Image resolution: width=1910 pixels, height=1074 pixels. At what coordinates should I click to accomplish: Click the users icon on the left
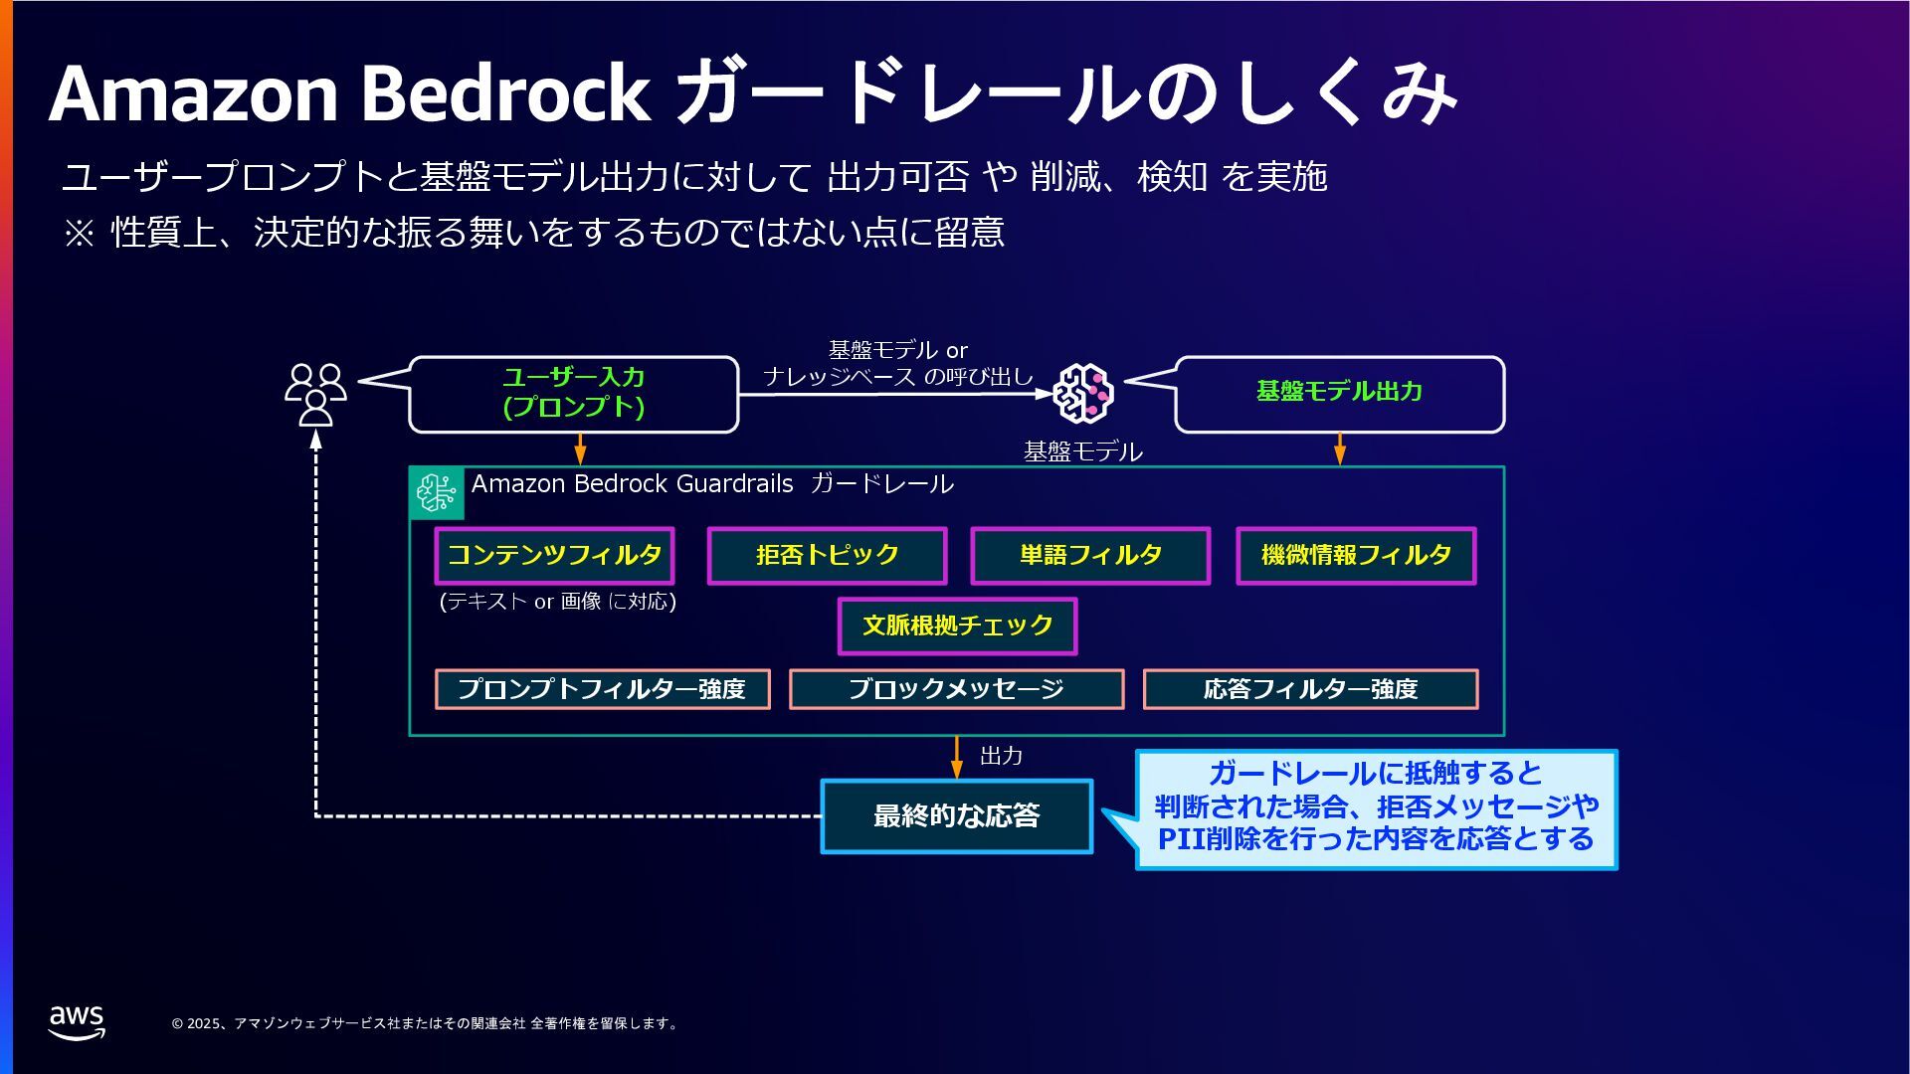tap(315, 394)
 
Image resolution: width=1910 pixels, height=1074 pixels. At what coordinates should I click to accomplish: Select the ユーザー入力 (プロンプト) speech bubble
tap(574, 394)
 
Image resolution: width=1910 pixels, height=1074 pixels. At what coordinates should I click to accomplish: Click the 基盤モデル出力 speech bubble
tap(1339, 394)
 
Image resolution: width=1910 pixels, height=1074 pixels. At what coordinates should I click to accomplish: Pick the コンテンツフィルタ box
tap(554, 555)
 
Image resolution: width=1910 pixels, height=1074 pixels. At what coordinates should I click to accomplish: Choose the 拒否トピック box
tap(827, 555)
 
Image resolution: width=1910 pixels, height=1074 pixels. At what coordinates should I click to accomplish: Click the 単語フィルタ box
tap(1090, 555)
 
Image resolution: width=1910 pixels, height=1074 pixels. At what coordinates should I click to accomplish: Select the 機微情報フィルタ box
tap(1356, 555)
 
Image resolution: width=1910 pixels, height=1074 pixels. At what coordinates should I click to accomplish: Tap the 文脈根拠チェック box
tap(957, 626)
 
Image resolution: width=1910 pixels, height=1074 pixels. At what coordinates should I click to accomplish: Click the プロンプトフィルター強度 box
tap(602, 689)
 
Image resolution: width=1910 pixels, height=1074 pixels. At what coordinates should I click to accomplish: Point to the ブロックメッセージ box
tap(956, 689)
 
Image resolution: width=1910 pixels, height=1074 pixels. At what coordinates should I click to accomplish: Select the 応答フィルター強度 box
tap(1310, 689)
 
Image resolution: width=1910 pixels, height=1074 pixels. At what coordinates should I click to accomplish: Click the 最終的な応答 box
tap(956, 816)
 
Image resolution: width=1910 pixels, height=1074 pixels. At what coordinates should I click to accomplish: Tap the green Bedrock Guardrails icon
tap(437, 492)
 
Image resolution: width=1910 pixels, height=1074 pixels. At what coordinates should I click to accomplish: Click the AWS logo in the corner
tap(77, 1021)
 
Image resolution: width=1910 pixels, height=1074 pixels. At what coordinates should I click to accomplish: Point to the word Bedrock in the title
tap(504, 94)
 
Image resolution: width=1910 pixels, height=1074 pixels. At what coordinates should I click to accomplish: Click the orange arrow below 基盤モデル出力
tap(1339, 448)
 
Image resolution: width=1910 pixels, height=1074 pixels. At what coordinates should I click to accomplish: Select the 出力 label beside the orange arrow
tap(1001, 756)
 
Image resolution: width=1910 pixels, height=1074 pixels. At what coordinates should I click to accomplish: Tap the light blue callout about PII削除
tap(1377, 808)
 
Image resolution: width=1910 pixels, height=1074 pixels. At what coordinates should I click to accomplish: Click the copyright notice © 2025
tap(425, 1023)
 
